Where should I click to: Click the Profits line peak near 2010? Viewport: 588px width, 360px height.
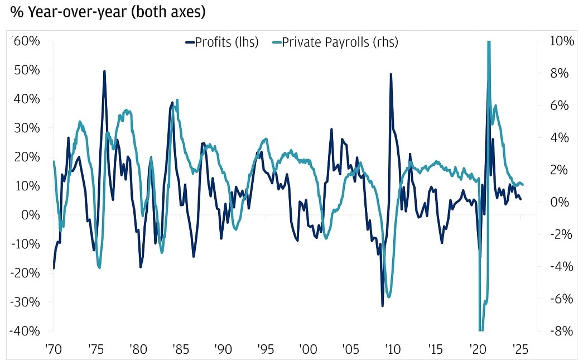click(x=391, y=74)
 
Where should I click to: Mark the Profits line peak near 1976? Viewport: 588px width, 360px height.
click(x=104, y=71)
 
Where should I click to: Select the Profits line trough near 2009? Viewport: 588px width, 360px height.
click(x=383, y=305)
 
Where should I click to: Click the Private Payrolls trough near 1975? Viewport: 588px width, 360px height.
click(x=100, y=268)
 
